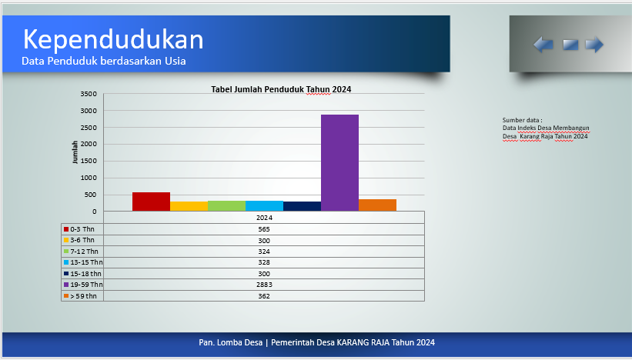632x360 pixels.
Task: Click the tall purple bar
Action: (x=339, y=162)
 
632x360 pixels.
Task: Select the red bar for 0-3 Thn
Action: (x=151, y=202)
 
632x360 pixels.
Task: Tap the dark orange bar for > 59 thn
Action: (x=378, y=205)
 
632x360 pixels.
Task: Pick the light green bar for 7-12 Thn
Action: (x=226, y=206)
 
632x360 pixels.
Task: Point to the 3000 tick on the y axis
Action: (x=89, y=111)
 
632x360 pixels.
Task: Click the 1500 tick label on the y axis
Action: (x=89, y=161)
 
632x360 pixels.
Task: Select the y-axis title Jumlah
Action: (x=75, y=152)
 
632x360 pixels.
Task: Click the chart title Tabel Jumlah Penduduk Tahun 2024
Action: (x=281, y=89)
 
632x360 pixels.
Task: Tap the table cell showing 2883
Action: (x=264, y=285)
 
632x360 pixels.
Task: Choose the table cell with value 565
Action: (x=264, y=229)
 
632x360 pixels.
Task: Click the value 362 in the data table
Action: (x=264, y=296)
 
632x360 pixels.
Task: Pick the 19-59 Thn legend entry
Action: (x=83, y=285)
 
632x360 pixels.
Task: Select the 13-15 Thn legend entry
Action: (x=83, y=262)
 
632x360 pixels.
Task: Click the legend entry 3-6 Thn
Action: (x=79, y=240)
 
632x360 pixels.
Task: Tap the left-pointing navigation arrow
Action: (x=543, y=45)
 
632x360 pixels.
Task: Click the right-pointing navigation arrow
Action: (x=594, y=45)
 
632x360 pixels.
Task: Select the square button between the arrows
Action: (x=570, y=45)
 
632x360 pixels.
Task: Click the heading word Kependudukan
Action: (x=113, y=39)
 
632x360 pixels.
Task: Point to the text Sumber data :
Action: (x=522, y=120)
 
